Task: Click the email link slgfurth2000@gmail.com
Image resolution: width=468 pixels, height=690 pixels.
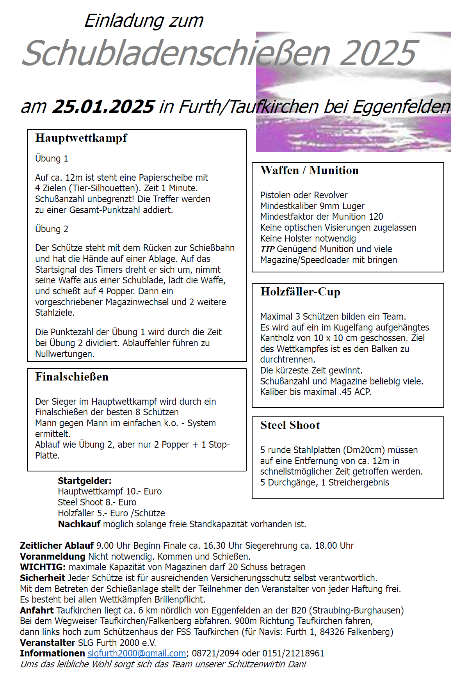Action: (x=137, y=653)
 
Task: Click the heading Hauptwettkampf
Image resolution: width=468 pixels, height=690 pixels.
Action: (x=81, y=138)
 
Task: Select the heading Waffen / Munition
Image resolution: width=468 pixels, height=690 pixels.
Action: (x=310, y=171)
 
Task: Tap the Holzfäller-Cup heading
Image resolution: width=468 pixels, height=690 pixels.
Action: (x=300, y=292)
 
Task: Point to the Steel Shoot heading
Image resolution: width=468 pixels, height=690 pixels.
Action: (x=290, y=425)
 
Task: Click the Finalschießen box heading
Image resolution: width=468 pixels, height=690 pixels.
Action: (x=72, y=377)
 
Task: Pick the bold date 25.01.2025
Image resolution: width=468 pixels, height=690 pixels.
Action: (x=103, y=107)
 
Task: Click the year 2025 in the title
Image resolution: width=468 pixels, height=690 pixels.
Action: (x=377, y=53)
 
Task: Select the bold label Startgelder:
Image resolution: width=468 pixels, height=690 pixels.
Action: (x=85, y=481)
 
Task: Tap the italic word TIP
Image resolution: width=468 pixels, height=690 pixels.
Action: (x=267, y=249)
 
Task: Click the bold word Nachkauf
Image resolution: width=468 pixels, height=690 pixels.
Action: (x=79, y=524)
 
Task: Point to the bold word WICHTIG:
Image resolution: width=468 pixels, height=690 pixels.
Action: (x=43, y=567)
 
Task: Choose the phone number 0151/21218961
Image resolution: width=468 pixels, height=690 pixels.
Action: (x=293, y=653)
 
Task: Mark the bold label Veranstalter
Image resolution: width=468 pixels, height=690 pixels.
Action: (x=48, y=643)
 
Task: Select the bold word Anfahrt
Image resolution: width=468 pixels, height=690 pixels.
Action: (x=37, y=610)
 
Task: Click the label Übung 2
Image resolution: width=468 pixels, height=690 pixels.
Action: (x=52, y=229)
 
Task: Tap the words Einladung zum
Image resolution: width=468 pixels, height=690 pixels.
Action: (x=144, y=21)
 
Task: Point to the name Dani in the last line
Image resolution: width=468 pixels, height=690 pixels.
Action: (x=297, y=664)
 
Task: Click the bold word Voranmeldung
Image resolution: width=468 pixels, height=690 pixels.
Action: (x=53, y=557)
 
